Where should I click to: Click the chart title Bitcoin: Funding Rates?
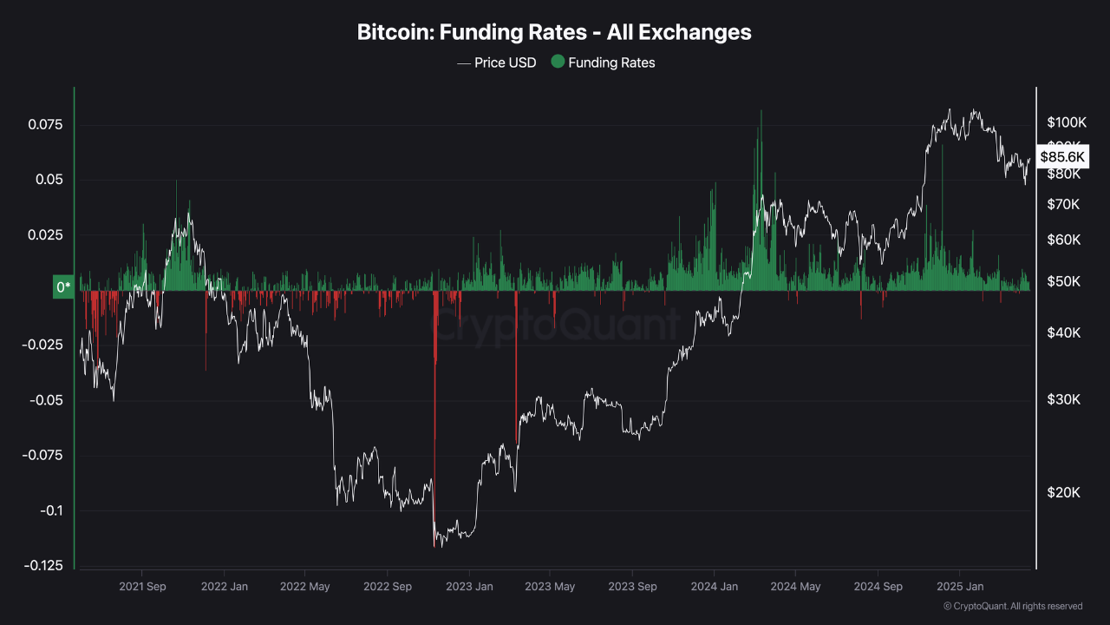554,32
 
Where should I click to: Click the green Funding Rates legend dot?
558,62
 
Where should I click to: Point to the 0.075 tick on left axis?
45,125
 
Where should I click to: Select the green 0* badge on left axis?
63,286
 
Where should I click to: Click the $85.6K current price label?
1062,157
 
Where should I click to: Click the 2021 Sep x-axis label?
142,587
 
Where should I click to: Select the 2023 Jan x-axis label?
469,587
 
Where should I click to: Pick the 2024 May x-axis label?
795,587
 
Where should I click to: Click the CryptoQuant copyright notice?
1012,606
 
